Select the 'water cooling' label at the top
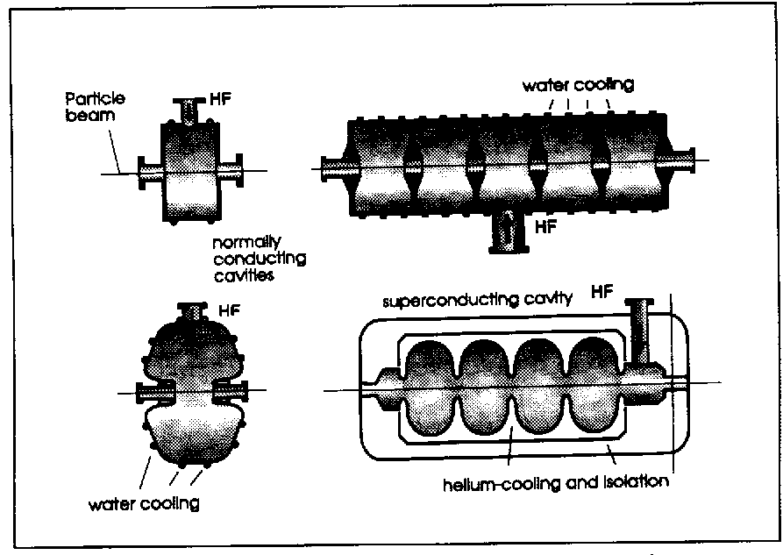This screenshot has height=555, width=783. (x=578, y=86)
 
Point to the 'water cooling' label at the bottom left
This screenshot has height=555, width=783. (x=144, y=504)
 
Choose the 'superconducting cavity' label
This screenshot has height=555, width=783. (x=476, y=300)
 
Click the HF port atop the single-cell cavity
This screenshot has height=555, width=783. (x=188, y=109)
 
